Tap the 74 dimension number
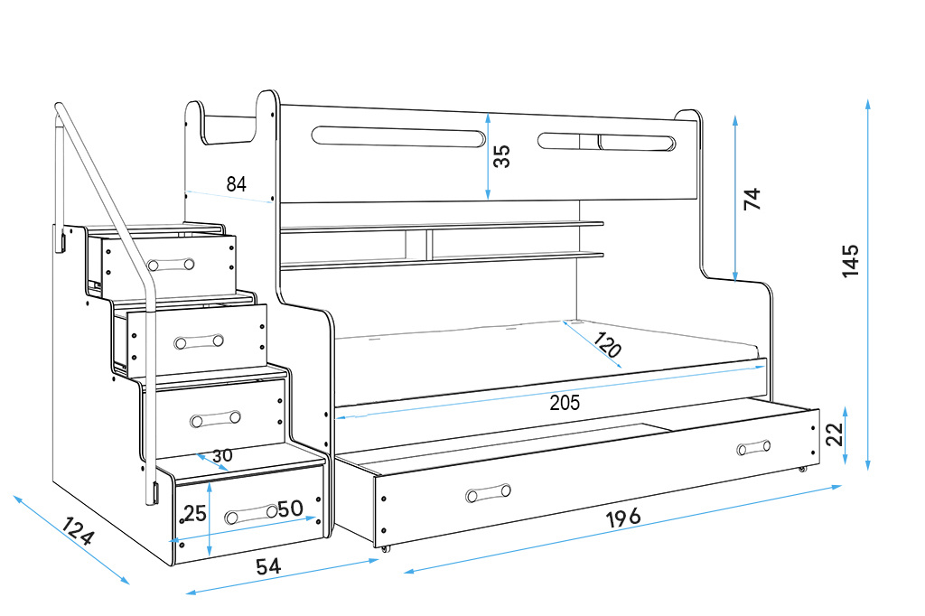(x=752, y=199)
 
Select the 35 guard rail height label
(x=502, y=156)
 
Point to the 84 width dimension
(x=236, y=184)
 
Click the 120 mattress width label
(x=607, y=346)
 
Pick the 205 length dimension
(x=565, y=403)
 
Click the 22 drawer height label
(x=836, y=435)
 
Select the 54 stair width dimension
(x=268, y=566)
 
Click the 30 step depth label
(x=221, y=455)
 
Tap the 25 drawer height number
(x=195, y=514)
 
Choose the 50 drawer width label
(x=289, y=509)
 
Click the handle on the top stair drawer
(x=171, y=265)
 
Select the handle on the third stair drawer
(x=216, y=418)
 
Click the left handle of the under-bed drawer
(x=489, y=493)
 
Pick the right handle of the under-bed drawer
(x=753, y=448)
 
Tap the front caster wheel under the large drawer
(x=386, y=548)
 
